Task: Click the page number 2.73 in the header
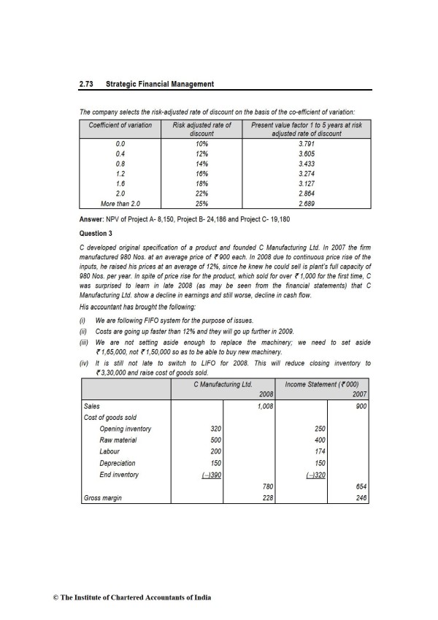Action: [88, 84]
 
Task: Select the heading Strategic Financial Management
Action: [160, 84]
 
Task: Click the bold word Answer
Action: [93, 219]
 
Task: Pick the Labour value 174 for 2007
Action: [320, 451]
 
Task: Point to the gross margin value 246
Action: [361, 498]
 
